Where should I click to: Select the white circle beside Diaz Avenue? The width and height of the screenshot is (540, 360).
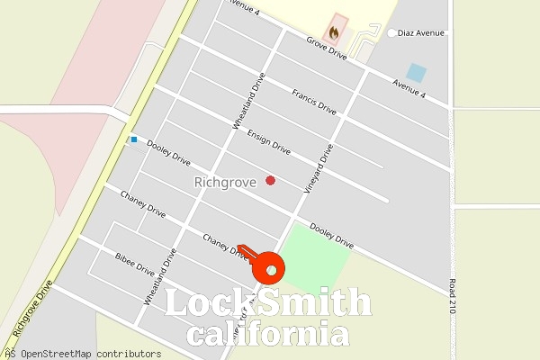391,33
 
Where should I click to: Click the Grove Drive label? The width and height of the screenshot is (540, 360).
326,49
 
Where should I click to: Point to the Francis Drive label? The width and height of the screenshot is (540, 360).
314,101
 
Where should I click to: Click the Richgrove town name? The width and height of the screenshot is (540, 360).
225,182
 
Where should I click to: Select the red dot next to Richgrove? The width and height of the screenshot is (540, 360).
270,181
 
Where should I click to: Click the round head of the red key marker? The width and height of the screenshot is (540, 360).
269,269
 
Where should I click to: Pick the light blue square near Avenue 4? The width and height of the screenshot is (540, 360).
416,72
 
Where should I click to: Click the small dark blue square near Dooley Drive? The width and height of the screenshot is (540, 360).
134,139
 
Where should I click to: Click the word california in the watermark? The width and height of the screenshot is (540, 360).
268,335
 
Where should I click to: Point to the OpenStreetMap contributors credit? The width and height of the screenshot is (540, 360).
86,354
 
